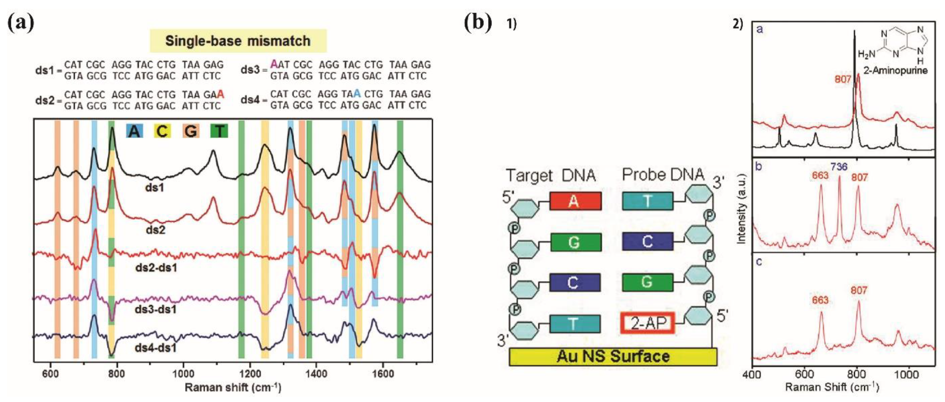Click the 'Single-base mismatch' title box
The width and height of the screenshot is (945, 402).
pyautogui.click(x=238, y=41)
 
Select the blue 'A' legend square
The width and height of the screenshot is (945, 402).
pyautogui.click(x=134, y=131)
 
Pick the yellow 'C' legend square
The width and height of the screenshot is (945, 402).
pyautogui.click(x=162, y=131)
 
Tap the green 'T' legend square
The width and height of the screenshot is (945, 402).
pyautogui.click(x=219, y=131)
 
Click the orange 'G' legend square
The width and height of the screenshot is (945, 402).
pyautogui.click(x=191, y=131)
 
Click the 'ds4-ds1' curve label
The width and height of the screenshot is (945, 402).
pyautogui.click(x=156, y=347)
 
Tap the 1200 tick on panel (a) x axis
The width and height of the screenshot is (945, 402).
pyautogui.click(x=249, y=374)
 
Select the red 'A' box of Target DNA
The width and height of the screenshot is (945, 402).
pyautogui.click(x=575, y=201)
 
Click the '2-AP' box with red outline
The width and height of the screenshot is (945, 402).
pyautogui.click(x=647, y=323)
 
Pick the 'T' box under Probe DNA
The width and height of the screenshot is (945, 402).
pyautogui.click(x=647, y=201)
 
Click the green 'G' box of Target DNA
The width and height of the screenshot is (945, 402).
pyautogui.click(x=575, y=242)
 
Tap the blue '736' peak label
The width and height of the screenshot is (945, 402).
pyautogui.click(x=839, y=167)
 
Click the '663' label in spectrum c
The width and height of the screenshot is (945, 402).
pyautogui.click(x=820, y=300)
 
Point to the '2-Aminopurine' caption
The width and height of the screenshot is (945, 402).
pyautogui.click(x=895, y=70)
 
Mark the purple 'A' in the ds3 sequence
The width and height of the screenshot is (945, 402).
pyautogui.click(x=274, y=64)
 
